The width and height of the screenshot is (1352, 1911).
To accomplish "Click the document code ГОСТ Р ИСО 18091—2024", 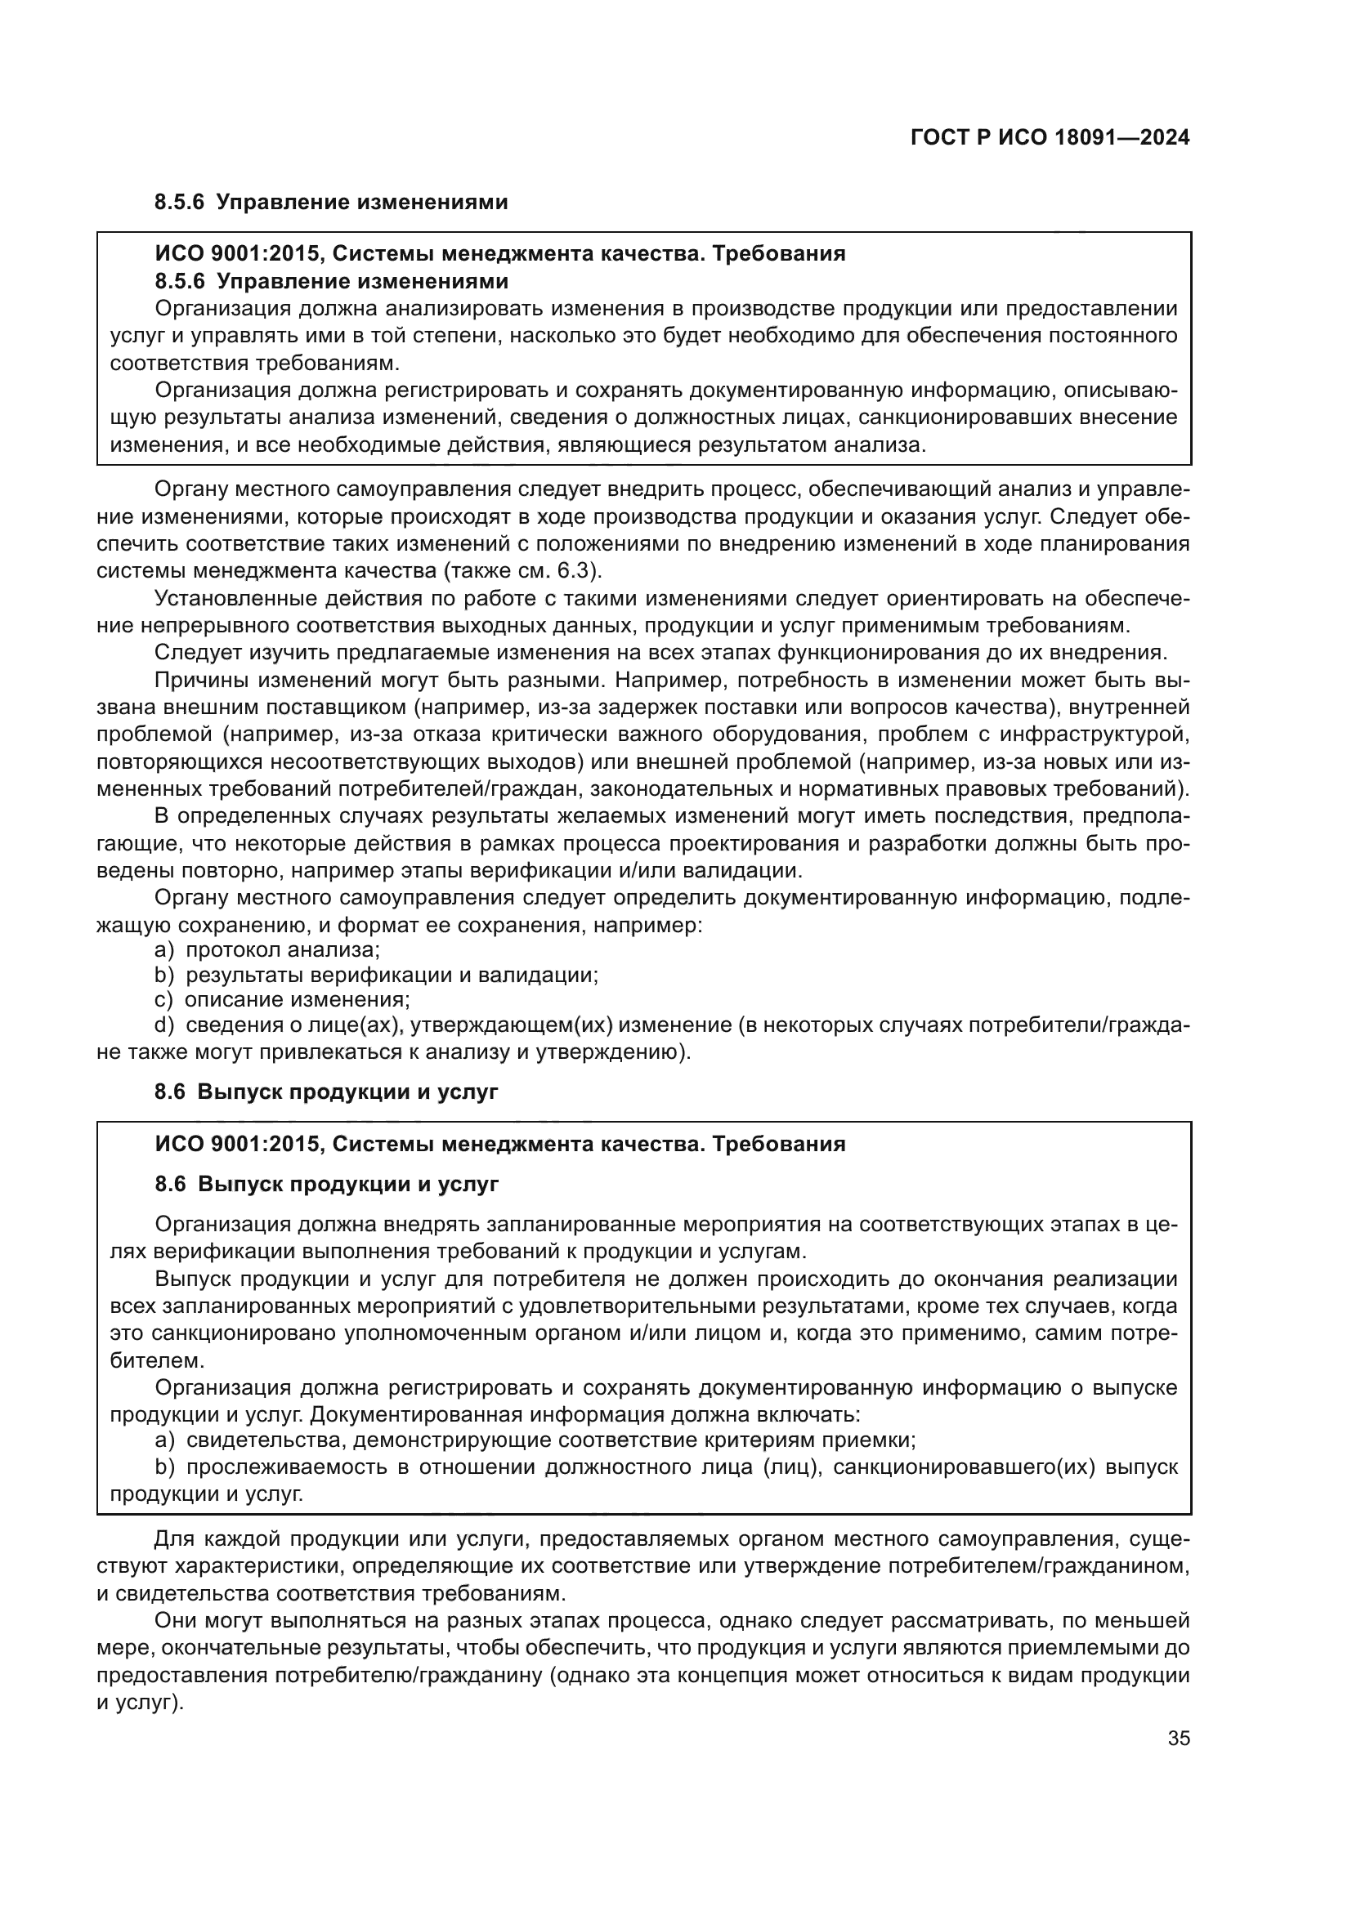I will click(1050, 138).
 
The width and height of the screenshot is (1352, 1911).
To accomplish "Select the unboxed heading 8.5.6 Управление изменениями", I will click(330, 203).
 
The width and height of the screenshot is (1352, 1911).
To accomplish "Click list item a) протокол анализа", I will click(267, 949).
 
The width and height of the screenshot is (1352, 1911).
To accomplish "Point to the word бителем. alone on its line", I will click(156, 1362).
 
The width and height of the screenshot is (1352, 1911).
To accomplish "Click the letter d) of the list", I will click(165, 1025).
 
